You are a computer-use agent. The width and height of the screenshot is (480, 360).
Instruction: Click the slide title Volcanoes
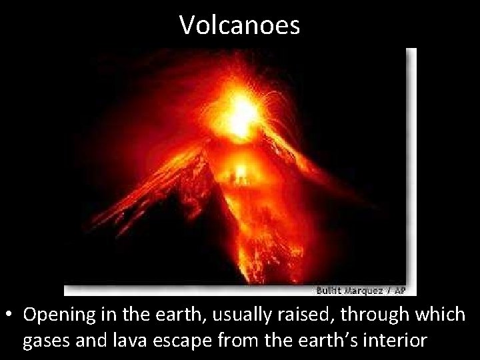tap(240, 25)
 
